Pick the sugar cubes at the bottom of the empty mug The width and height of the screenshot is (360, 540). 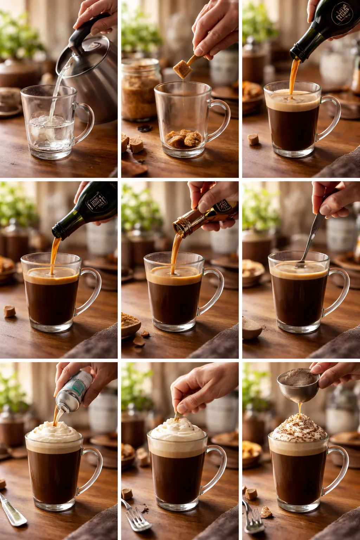(x=184, y=139)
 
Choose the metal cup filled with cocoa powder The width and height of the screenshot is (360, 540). (x=298, y=385)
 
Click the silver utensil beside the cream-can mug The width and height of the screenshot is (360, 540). (x=12, y=512)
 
